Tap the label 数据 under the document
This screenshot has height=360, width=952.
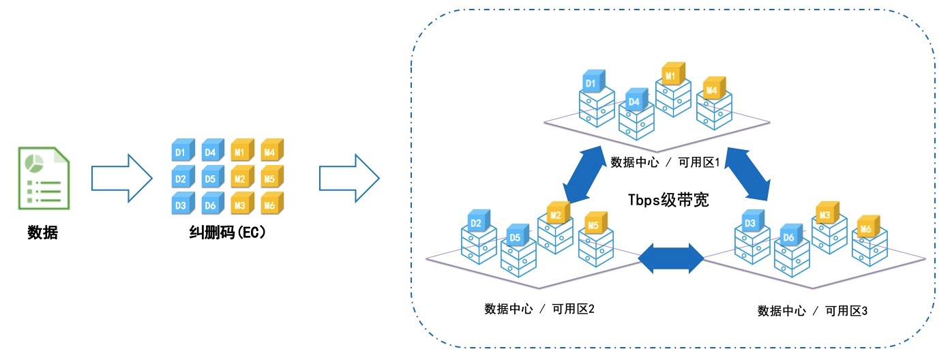[x=42, y=232]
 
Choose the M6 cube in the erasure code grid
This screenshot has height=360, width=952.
[x=271, y=204]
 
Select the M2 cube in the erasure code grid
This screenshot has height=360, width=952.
[x=241, y=178]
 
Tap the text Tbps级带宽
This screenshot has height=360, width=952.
[x=668, y=200]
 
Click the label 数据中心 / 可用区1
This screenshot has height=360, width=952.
[x=666, y=162]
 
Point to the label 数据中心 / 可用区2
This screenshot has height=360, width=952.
[x=539, y=309]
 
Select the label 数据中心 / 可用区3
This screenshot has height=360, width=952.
[x=812, y=311]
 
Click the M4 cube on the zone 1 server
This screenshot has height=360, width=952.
[x=713, y=89]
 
